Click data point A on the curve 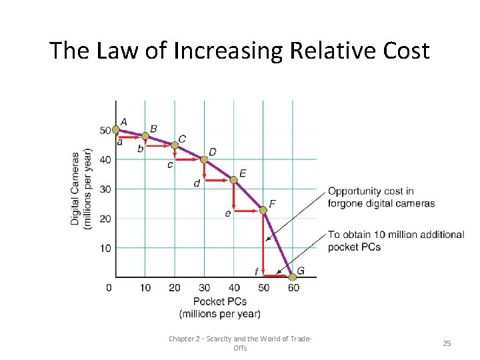tap(116, 129)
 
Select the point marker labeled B tap(145, 136)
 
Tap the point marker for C tap(175, 145)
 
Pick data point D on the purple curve tap(204, 159)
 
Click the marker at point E tap(233, 179)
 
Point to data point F tap(263, 210)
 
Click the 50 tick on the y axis tap(105, 130)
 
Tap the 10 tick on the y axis tap(105, 248)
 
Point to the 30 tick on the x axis tap(204, 287)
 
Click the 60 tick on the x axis tap(293, 287)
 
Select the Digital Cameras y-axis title tap(80, 189)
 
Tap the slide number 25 tap(447, 343)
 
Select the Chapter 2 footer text tap(240, 343)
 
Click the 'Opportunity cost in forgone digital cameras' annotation tap(381, 197)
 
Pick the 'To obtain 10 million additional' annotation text tap(396, 235)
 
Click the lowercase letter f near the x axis tap(257, 271)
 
